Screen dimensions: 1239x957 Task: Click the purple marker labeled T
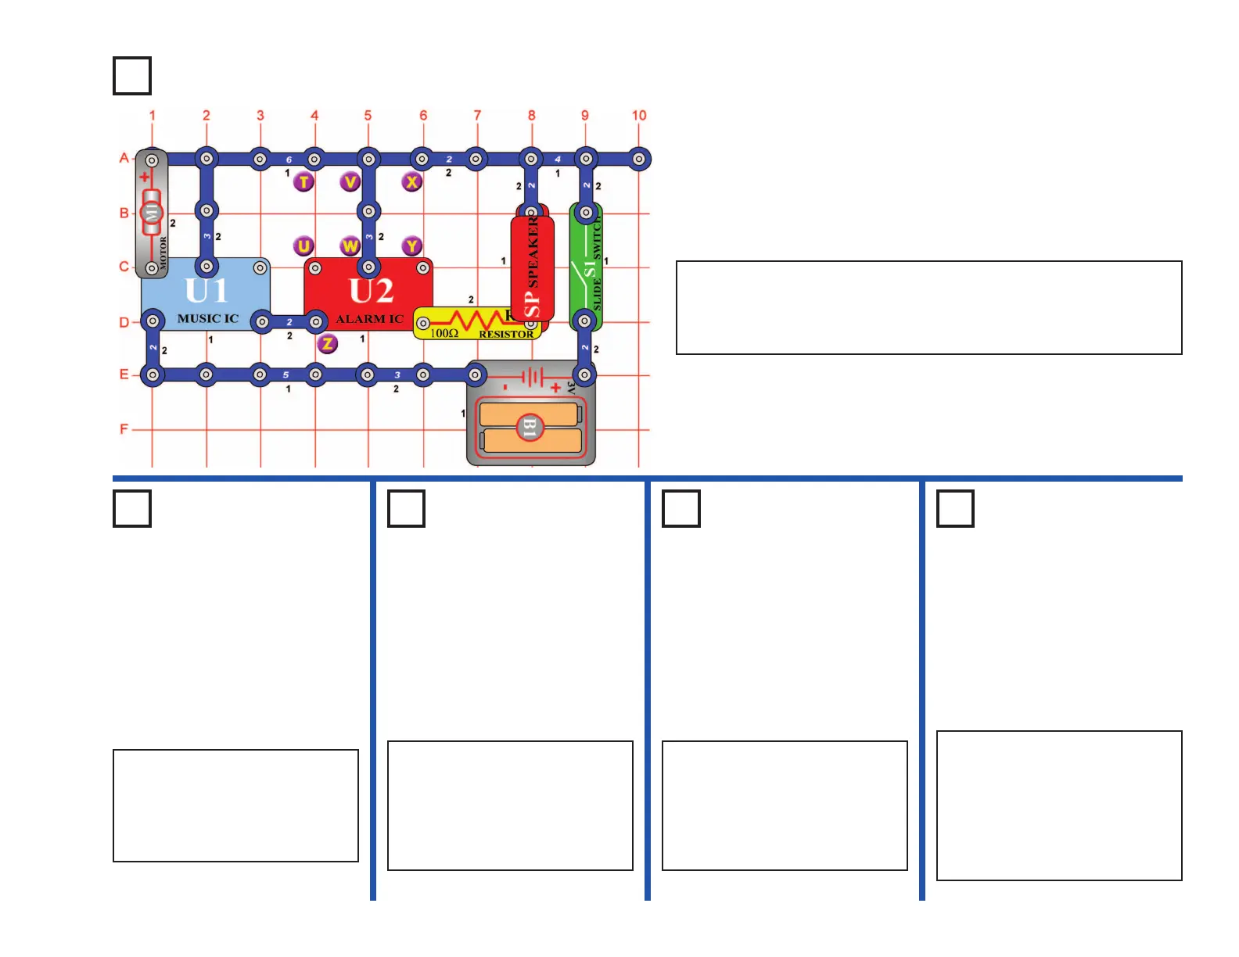click(303, 182)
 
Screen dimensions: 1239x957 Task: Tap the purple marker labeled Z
click(328, 343)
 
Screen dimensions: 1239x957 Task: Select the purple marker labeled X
click(412, 182)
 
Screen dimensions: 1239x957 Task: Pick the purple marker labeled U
click(303, 246)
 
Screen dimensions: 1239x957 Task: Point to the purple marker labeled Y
click(412, 246)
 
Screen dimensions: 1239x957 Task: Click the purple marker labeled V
click(350, 182)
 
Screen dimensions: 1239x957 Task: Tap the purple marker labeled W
click(350, 246)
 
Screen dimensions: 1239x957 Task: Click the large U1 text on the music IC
click(206, 291)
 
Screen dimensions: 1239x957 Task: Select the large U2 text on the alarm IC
click(371, 291)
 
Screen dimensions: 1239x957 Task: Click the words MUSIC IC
click(207, 319)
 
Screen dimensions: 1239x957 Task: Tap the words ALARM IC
click(369, 319)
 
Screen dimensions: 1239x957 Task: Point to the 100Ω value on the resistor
click(444, 334)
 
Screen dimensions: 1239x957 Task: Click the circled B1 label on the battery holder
click(530, 428)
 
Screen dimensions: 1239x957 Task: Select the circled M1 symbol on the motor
click(152, 212)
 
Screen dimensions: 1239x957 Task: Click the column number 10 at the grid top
click(639, 116)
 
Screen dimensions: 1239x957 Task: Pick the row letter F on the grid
click(124, 428)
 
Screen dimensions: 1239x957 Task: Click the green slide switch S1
click(586, 266)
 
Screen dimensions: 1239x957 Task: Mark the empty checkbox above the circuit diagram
click(132, 76)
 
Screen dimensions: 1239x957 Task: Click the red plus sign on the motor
click(145, 177)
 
